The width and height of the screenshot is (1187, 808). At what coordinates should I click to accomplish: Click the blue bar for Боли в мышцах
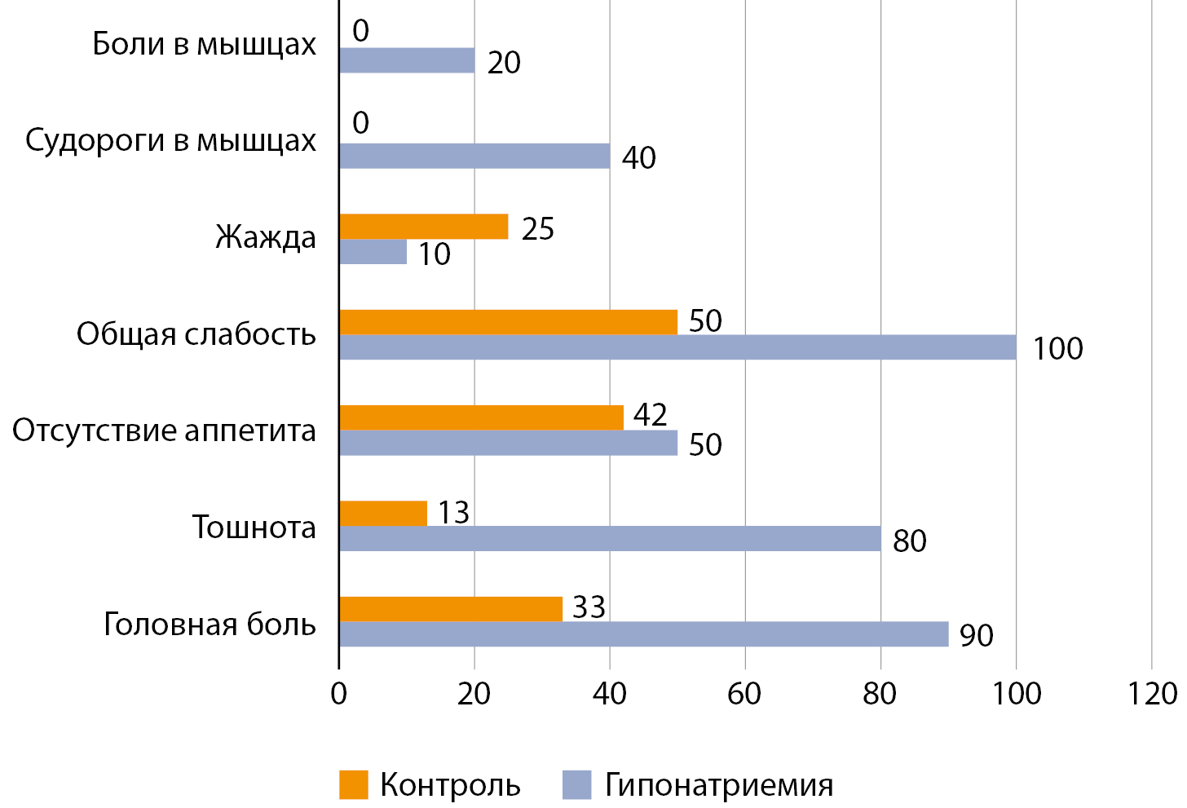coord(407,60)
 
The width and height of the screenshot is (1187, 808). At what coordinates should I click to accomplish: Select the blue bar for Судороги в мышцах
coord(474,156)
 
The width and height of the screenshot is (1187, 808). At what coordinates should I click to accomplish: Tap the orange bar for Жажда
coord(423,227)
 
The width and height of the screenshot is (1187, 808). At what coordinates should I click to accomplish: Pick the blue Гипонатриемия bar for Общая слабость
coord(677,347)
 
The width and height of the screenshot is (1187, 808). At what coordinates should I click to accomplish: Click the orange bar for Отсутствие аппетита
coord(481,417)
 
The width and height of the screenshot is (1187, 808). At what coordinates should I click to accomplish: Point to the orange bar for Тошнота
coord(383,513)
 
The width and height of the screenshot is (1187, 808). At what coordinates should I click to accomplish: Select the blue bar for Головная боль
coord(643,634)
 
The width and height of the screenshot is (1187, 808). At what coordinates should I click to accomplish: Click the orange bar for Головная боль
coord(451,609)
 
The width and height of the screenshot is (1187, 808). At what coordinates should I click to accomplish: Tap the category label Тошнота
coord(254,528)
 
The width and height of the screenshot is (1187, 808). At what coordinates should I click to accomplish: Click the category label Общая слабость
coord(196,334)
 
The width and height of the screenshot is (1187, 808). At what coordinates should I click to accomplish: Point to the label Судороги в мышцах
coord(170,140)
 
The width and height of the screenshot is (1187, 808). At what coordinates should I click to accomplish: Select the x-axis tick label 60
coord(744,694)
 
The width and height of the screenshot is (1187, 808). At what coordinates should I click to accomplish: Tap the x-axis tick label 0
coord(339,694)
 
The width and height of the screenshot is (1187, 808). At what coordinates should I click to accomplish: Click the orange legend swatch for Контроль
coord(354,785)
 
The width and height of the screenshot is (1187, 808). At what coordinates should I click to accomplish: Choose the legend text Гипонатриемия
coord(719,785)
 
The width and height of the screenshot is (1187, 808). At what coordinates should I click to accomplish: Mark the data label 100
coord(1057,349)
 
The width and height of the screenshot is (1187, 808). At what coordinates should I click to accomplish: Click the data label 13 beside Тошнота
coord(453,513)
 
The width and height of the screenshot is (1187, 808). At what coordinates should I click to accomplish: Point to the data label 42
coord(650,415)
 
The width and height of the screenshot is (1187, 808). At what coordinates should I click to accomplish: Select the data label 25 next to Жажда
coord(538,229)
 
